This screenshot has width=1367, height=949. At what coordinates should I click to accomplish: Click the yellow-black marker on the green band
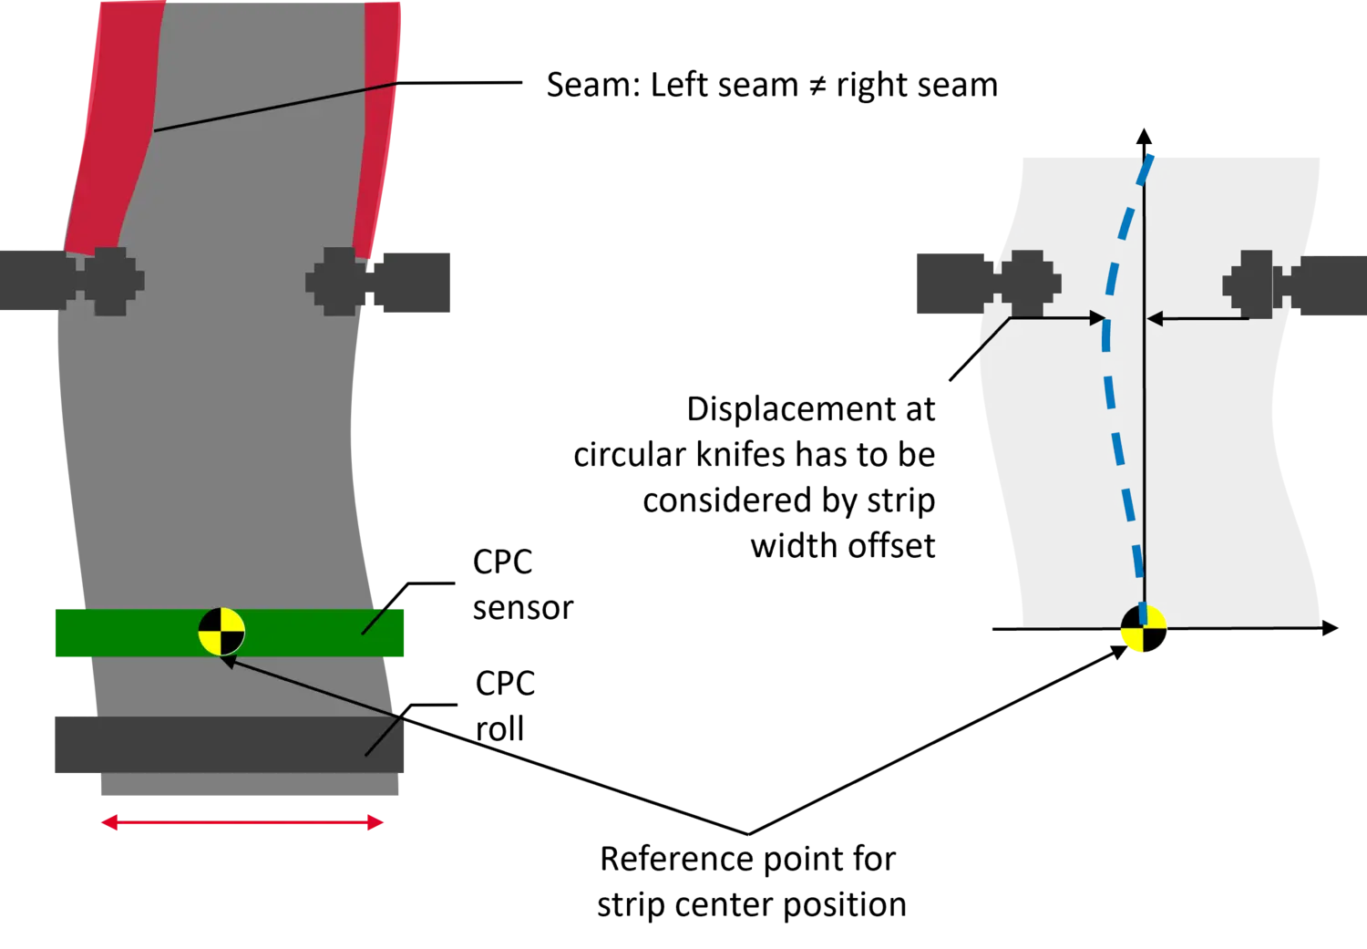[221, 632]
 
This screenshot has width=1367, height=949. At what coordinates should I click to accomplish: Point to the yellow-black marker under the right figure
[1144, 629]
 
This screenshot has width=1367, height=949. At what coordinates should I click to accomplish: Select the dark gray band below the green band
[228, 746]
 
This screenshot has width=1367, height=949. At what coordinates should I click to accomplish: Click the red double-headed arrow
[242, 823]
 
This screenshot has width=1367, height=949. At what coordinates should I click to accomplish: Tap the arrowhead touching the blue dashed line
[1098, 319]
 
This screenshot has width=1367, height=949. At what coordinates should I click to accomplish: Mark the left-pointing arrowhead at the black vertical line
[1154, 319]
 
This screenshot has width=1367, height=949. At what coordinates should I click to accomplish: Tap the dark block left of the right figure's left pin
[948, 284]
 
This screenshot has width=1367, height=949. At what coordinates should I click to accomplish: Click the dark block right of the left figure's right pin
[415, 280]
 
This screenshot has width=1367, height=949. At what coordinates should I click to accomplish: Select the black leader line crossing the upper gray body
[273, 107]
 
